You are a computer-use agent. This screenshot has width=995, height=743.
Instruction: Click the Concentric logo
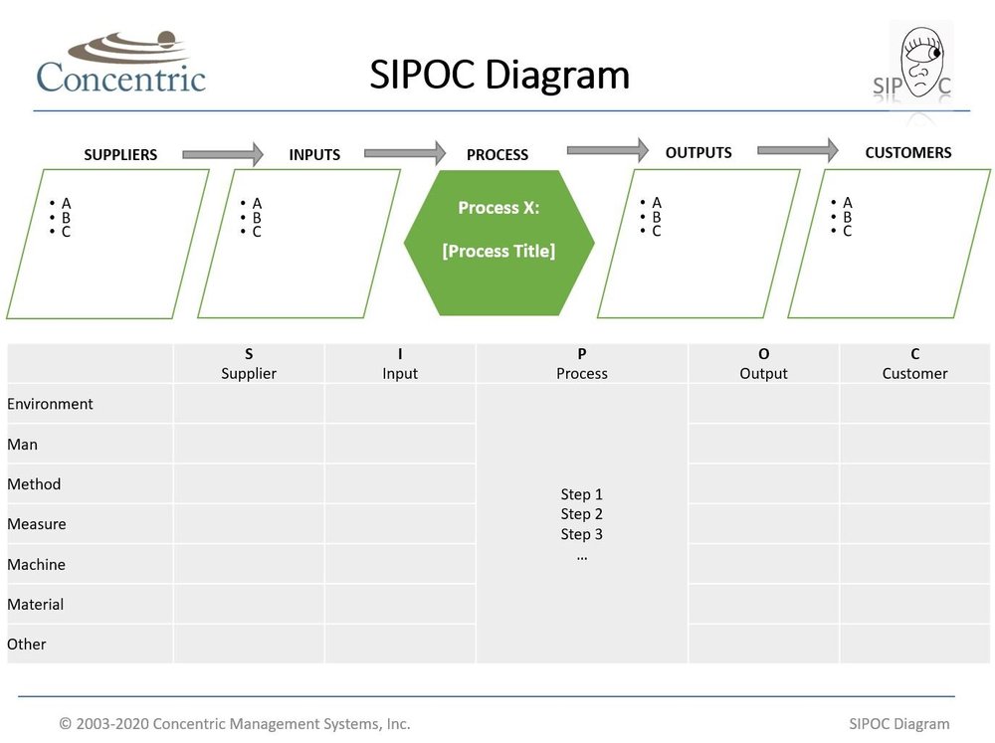click(x=120, y=64)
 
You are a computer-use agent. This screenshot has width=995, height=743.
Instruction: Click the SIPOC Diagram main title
click(x=499, y=76)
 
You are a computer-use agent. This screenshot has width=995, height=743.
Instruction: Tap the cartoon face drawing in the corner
click(x=921, y=62)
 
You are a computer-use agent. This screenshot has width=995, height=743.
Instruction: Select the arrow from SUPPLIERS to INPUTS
click(x=223, y=154)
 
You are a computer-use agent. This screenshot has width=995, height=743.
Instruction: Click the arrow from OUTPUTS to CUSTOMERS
click(x=797, y=150)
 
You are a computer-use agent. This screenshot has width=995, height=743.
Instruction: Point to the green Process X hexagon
click(x=498, y=243)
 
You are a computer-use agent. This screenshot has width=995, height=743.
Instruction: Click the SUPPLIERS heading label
click(x=120, y=155)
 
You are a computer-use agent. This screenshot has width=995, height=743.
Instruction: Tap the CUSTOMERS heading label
click(x=907, y=153)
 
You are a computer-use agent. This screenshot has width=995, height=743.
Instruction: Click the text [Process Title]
click(x=498, y=252)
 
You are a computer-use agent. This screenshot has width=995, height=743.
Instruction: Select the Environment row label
click(x=50, y=404)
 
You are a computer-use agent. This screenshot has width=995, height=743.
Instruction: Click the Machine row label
click(x=36, y=564)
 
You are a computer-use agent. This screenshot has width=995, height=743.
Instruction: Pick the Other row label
click(x=27, y=644)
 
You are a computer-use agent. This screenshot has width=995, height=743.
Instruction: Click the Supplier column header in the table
click(x=249, y=364)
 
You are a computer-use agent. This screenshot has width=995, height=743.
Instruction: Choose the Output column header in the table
click(x=763, y=364)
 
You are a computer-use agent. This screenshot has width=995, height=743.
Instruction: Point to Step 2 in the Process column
click(x=582, y=514)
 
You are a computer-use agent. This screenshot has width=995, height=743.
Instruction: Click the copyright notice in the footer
click(x=235, y=724)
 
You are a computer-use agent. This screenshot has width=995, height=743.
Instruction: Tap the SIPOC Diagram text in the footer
click(x=899, y=724)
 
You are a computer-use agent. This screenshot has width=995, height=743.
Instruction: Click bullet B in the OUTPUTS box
click(x=657, y=217)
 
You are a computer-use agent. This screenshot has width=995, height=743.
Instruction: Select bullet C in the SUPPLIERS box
click(x=66, y=232)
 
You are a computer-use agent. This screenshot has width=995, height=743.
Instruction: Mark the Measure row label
click(x=37, y=524)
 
